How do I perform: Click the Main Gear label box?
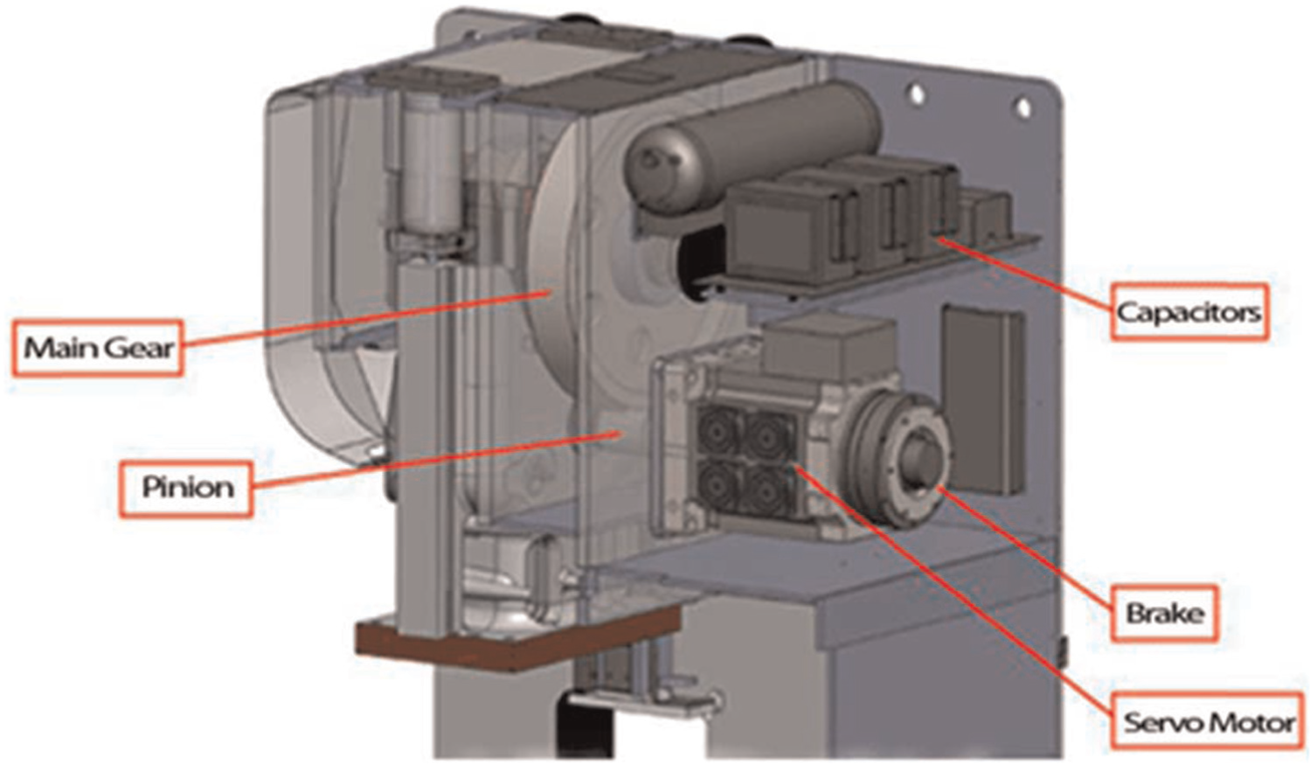[x=98, y=348]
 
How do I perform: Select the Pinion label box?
[x=187, y=489]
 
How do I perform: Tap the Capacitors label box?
[x=1189, y=312]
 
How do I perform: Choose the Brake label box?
[x=1165, y=614]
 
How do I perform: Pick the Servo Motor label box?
[x=1209, y=722]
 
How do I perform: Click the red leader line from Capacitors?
[x=1023, y=272]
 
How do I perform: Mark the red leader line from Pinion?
[x=436, y=459]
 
